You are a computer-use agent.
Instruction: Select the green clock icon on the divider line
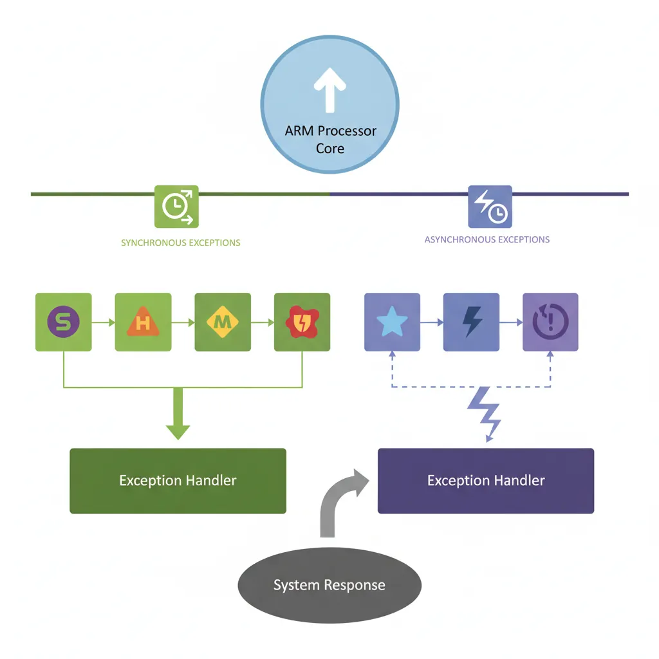176,207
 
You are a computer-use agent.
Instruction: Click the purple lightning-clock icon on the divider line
490,207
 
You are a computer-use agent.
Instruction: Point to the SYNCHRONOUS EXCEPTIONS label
181,243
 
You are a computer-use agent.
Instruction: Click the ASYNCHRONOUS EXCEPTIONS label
487,239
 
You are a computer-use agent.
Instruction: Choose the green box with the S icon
63,322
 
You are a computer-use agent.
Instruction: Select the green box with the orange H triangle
143,322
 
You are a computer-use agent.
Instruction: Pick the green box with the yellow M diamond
223,322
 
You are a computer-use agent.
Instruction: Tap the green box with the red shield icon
302,322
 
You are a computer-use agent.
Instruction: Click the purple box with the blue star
392,322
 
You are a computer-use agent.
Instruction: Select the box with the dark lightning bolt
471,322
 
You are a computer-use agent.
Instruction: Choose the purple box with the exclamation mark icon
550,322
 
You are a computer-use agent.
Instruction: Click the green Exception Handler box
178,481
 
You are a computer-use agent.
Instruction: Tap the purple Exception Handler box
486,481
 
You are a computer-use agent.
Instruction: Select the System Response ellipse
329,586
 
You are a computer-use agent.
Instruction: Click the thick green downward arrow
178,417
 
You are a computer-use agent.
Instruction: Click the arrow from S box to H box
103,322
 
